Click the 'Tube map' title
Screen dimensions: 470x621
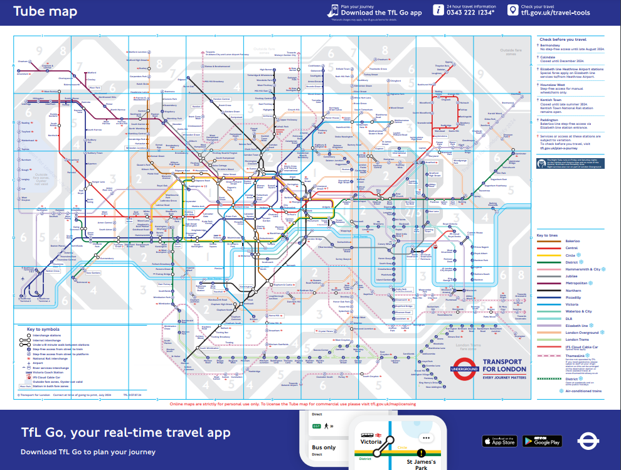coord(45,11)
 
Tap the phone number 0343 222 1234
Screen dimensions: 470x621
coord(470,13)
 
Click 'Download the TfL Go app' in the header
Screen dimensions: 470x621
coord(381,13)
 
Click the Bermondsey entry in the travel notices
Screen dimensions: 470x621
coord(553,45)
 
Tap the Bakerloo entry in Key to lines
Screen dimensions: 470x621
coord(555,241)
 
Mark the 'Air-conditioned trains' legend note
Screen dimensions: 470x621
coord(583,390)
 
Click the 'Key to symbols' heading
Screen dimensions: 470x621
coord(43,329)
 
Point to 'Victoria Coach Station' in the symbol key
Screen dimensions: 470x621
coord(51,372)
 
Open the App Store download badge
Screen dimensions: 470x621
coord(499,441)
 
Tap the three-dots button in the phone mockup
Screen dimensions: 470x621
coord(427,438)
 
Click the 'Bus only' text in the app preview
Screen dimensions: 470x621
coord(324,447)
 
